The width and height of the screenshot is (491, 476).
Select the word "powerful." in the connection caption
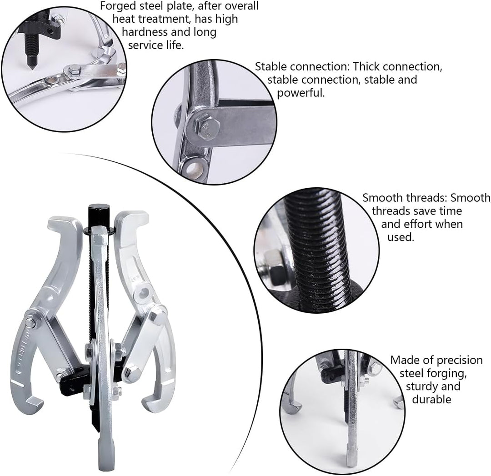click(301, 93)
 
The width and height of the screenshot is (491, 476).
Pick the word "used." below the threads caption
click(401, 237)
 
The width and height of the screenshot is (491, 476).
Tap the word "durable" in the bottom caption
click(431, 399)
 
